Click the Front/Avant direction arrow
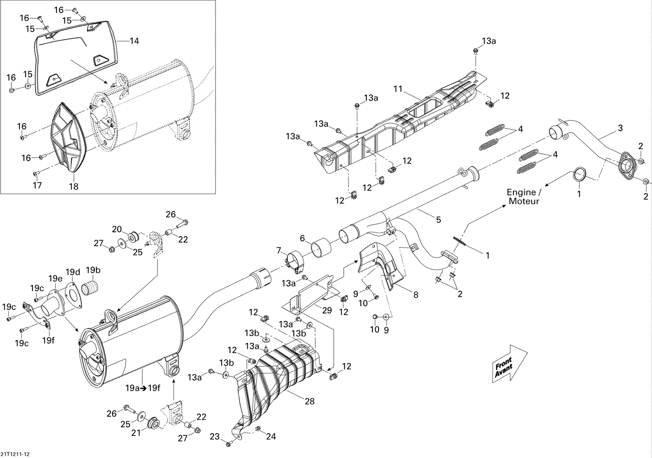tap(509, 364)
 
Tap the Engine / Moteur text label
tap(524, 197)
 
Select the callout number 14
tap(134, 41)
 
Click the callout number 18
tap(73, 186)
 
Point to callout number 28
tap(309, 402)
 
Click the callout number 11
tap(398, 89)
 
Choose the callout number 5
tap(438, 220)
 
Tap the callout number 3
tap(620, 128)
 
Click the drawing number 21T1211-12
tap(18, 454)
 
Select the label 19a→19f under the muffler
tap(143, 388)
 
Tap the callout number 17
tap(37, 185)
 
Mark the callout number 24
tap(271, 436)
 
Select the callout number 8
tap(416, 295)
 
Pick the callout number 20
tap(116, 229)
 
